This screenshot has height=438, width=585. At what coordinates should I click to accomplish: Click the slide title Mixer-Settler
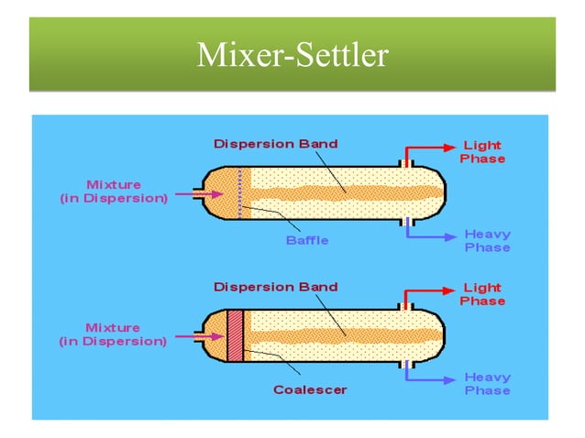click(x=292, y=56)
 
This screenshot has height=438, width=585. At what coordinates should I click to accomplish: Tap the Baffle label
click(x=306, y=241)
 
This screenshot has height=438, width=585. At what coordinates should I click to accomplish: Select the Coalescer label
click(x=310, y=389)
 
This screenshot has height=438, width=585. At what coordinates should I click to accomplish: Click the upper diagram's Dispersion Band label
click(x=276, y=144)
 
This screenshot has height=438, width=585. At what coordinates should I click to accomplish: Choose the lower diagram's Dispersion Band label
click(x=276, y=287)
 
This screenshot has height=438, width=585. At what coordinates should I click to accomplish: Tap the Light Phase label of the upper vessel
click(x=482, y=152)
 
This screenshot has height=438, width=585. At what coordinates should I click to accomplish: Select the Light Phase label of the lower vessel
click(x=482, y=294)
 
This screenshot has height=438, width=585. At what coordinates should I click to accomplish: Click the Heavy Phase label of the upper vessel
click(x=487, y=241)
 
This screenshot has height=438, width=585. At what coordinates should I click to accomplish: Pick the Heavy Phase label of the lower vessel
click(x=487, y=384)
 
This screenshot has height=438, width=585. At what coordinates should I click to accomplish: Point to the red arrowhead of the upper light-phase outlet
click(x=448, y=146)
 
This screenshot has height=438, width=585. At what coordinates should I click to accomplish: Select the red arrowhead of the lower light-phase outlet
click(x=448, y=289)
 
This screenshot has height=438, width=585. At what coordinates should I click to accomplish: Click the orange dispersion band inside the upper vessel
click(x=348, y=193)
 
